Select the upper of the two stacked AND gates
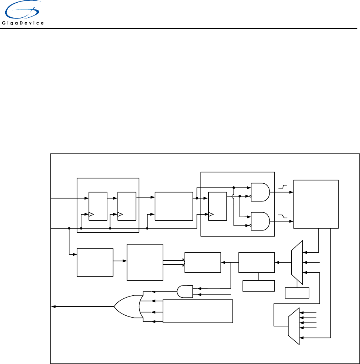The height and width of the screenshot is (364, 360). (260, 192)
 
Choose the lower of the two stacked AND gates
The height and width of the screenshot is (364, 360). (260, 221)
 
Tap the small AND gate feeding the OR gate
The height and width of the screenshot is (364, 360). (185, 291)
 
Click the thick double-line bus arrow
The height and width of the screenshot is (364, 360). (174, 262)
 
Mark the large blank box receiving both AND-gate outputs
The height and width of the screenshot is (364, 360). (316, 204)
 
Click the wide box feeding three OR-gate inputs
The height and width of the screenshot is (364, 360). (198, 311)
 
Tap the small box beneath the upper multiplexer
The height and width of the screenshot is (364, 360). (297, 293)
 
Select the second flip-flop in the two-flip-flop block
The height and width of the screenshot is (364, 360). (126, 206)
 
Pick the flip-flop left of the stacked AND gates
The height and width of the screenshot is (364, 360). (217, 206)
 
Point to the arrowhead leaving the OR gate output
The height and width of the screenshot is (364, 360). (54, 306)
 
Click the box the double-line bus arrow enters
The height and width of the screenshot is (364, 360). (203, 262)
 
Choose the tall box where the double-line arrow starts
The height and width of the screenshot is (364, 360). (145, 262)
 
